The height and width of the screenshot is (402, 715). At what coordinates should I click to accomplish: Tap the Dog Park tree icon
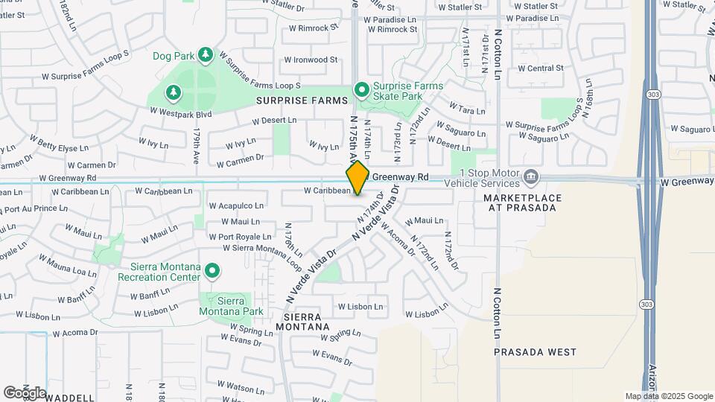point(206,54)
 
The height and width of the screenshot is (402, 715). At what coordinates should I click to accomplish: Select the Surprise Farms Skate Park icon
point(362,90)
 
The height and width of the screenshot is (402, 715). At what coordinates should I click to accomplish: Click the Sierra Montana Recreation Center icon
point(212,271)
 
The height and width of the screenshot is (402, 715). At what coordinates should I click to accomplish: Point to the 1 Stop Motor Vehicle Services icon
point(531,176)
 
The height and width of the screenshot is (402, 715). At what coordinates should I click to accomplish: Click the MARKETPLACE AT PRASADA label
point(520,202)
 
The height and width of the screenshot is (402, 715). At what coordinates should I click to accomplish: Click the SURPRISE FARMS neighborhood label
point(302,100)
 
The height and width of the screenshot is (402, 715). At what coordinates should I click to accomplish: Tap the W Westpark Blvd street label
point(181,112)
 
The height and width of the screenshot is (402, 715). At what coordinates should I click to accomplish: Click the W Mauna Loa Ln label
point(67,264)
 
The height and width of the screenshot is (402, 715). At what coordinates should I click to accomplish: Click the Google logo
point(25,392)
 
